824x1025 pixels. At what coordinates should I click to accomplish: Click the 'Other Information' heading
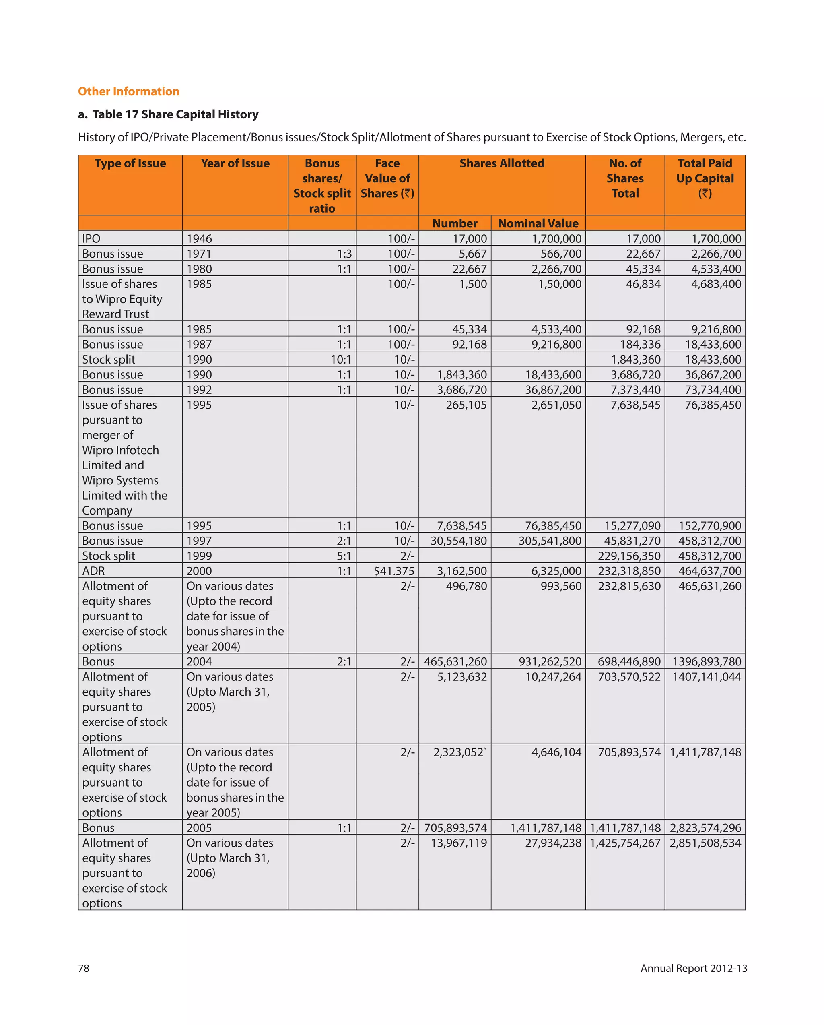tap(128, 91)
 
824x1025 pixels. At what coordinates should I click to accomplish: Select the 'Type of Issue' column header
tap(130, 163)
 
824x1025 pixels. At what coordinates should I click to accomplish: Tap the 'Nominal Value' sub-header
tap(538, 223)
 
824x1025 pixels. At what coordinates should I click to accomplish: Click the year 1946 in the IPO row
tap(199, 239)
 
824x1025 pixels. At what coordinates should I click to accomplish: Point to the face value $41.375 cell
tap(393, 571)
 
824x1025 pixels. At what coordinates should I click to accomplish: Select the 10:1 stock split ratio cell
tap(341, 360)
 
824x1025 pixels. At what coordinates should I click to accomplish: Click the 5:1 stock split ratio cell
tap(344, 556)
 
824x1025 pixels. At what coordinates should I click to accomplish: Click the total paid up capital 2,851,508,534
tap(705, 843)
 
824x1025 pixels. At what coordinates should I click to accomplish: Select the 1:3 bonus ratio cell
tap(344, 254)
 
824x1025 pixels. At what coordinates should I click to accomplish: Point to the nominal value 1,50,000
tap(559, 284)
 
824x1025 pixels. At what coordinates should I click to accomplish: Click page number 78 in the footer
tap(84, 968)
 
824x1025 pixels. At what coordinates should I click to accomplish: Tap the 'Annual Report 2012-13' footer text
tap(693, 968)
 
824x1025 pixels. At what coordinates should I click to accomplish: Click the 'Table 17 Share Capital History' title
tap(175, 115)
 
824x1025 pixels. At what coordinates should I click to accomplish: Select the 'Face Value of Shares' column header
tap(387, 178)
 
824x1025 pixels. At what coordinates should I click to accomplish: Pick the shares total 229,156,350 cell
tap(629, 556)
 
